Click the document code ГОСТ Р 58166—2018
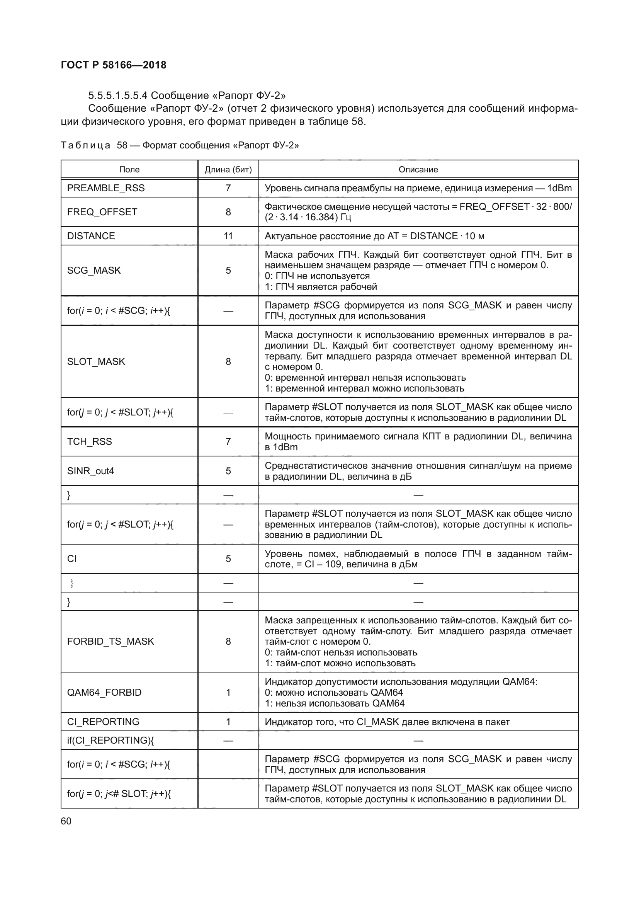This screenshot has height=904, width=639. [x=114, y=65]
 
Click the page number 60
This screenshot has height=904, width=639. [x=66, y=821]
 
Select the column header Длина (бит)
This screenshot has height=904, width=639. [x=228, y=170]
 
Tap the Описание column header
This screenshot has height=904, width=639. [x=418, y=170]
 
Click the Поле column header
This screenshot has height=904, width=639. [x=129, y=170]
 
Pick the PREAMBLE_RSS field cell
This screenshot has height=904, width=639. [x=106, y=188]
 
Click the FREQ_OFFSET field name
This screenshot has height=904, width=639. [x=102, y=212]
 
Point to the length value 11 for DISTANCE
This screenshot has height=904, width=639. [x=228, y=236]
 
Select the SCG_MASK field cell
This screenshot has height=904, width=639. [x=93, y=271]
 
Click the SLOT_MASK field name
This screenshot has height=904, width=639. [x=96, y=362]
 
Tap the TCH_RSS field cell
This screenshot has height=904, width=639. [x=89, y=442]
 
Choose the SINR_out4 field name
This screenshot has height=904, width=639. [x=90, y=471]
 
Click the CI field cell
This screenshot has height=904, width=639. [x=72, y=559]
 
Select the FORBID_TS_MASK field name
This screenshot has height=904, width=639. [x=110, y=642]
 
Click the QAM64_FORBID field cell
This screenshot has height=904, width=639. [x=104, y=693]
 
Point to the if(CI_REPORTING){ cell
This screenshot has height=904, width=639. [x=110, y=741]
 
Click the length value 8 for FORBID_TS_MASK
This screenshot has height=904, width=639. [x=228, y=642]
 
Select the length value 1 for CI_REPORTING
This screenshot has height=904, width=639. [x=228, y=722]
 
